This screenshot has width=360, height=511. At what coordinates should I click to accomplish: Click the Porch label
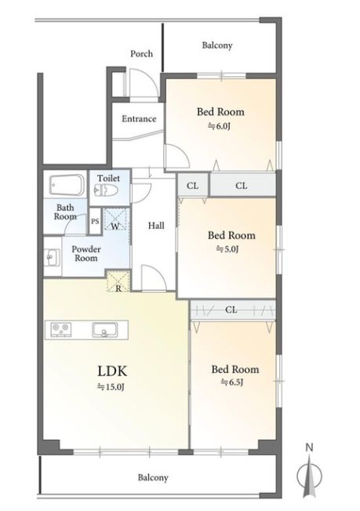(x=141, y=53)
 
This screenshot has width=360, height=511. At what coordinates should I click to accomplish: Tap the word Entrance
(x=139, y=118)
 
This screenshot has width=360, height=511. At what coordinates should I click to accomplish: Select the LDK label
(x=112, y=371)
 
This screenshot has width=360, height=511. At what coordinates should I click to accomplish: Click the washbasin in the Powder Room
(x=53, y=257)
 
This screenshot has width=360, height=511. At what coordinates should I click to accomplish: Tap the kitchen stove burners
(x=61, y=329)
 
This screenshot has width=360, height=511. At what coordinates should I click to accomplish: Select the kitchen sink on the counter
(x=104, y=329)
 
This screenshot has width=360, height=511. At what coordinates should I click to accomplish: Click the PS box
(x=95, y=222)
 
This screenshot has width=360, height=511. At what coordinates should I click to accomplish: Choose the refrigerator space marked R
(x=118, y=281)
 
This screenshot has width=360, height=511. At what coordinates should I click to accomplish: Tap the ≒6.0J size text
(x=219, y=126)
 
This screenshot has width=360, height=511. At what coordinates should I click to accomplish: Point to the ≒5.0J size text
(x=227, y=249)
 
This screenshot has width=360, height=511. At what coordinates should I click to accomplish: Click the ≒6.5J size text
(x=232, y=382)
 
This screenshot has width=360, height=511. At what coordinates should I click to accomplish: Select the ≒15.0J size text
(x=111, y=387)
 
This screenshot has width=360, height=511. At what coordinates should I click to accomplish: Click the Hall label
(x=156, y=226)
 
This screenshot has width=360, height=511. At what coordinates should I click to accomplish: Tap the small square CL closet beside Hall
(x=193, y=186)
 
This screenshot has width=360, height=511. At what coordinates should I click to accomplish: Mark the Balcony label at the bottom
(x=153, y=478)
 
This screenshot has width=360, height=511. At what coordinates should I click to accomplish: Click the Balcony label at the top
(x=217, y=45)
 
